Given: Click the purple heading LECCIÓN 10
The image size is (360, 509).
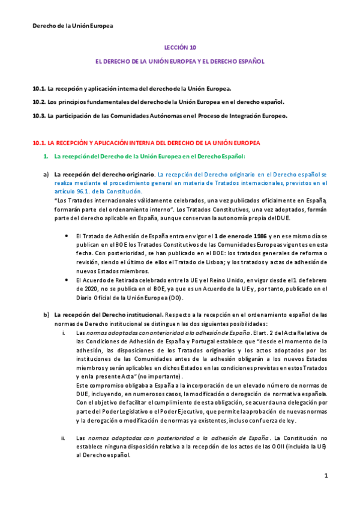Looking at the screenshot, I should click(180, 47).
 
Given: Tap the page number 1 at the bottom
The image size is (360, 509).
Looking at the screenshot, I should click(326, 476).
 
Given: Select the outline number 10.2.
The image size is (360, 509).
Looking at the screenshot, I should click(38, 101).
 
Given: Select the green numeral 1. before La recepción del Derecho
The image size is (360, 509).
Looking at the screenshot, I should click(46, 157).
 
